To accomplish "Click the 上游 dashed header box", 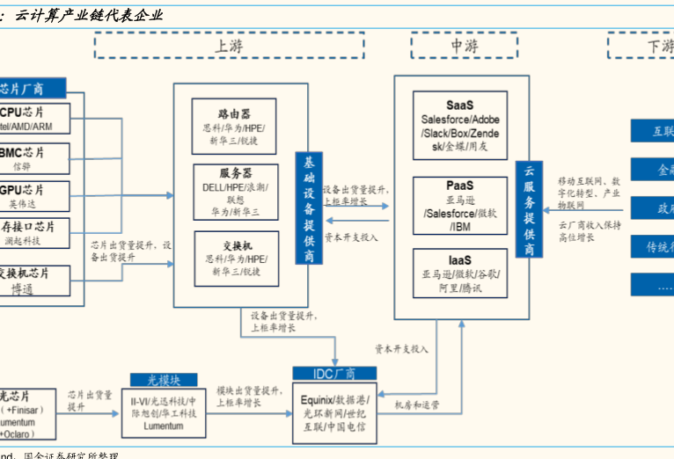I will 228,45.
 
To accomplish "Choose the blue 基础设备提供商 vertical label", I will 309,208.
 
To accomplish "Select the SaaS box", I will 460,126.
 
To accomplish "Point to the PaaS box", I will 459,205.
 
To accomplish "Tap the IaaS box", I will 459,274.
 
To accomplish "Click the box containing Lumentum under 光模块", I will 164,412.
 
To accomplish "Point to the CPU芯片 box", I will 33,118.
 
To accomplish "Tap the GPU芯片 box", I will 33,196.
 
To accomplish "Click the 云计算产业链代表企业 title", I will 88,14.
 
